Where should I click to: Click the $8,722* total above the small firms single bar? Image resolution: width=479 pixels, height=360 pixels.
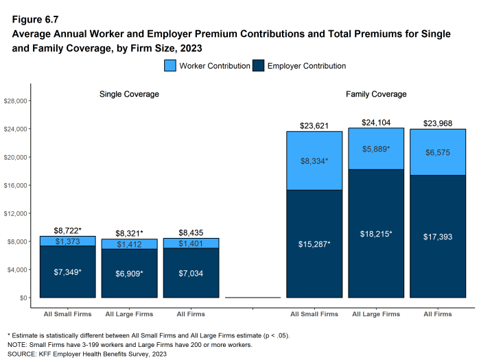tap(67, 231)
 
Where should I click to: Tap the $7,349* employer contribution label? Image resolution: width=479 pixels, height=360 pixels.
tap(67, 272)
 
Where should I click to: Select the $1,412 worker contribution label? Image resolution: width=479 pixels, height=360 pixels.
tap(129, 244)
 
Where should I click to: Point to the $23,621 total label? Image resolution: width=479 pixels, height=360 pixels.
tap(314, 125)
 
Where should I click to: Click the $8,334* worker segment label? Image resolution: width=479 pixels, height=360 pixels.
tap(314, 161)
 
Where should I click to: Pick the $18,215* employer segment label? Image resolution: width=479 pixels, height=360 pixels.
tap(375, 234)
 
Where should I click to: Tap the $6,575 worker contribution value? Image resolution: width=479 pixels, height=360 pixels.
tap(437, 153)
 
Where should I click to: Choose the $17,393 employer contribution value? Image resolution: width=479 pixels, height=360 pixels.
tap(437, 237)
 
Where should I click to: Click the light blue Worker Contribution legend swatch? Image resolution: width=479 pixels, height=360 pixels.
tap(171, 66)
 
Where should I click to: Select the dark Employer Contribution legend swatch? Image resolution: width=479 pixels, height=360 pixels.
tap(258, 66)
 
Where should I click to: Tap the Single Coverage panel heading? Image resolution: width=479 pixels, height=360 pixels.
tap(129, 93)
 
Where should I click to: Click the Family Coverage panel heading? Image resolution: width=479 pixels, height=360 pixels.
tap(375, 93)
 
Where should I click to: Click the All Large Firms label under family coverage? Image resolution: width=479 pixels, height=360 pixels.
tap(375, 314)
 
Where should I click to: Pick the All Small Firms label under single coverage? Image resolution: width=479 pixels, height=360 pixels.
tap(67, 314)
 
